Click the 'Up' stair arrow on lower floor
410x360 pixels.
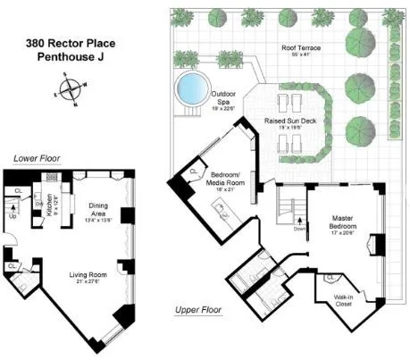pyautogui.click(x=13, y=216)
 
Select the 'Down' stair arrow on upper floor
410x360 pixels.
pyautogui.click(x=299, y=228)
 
